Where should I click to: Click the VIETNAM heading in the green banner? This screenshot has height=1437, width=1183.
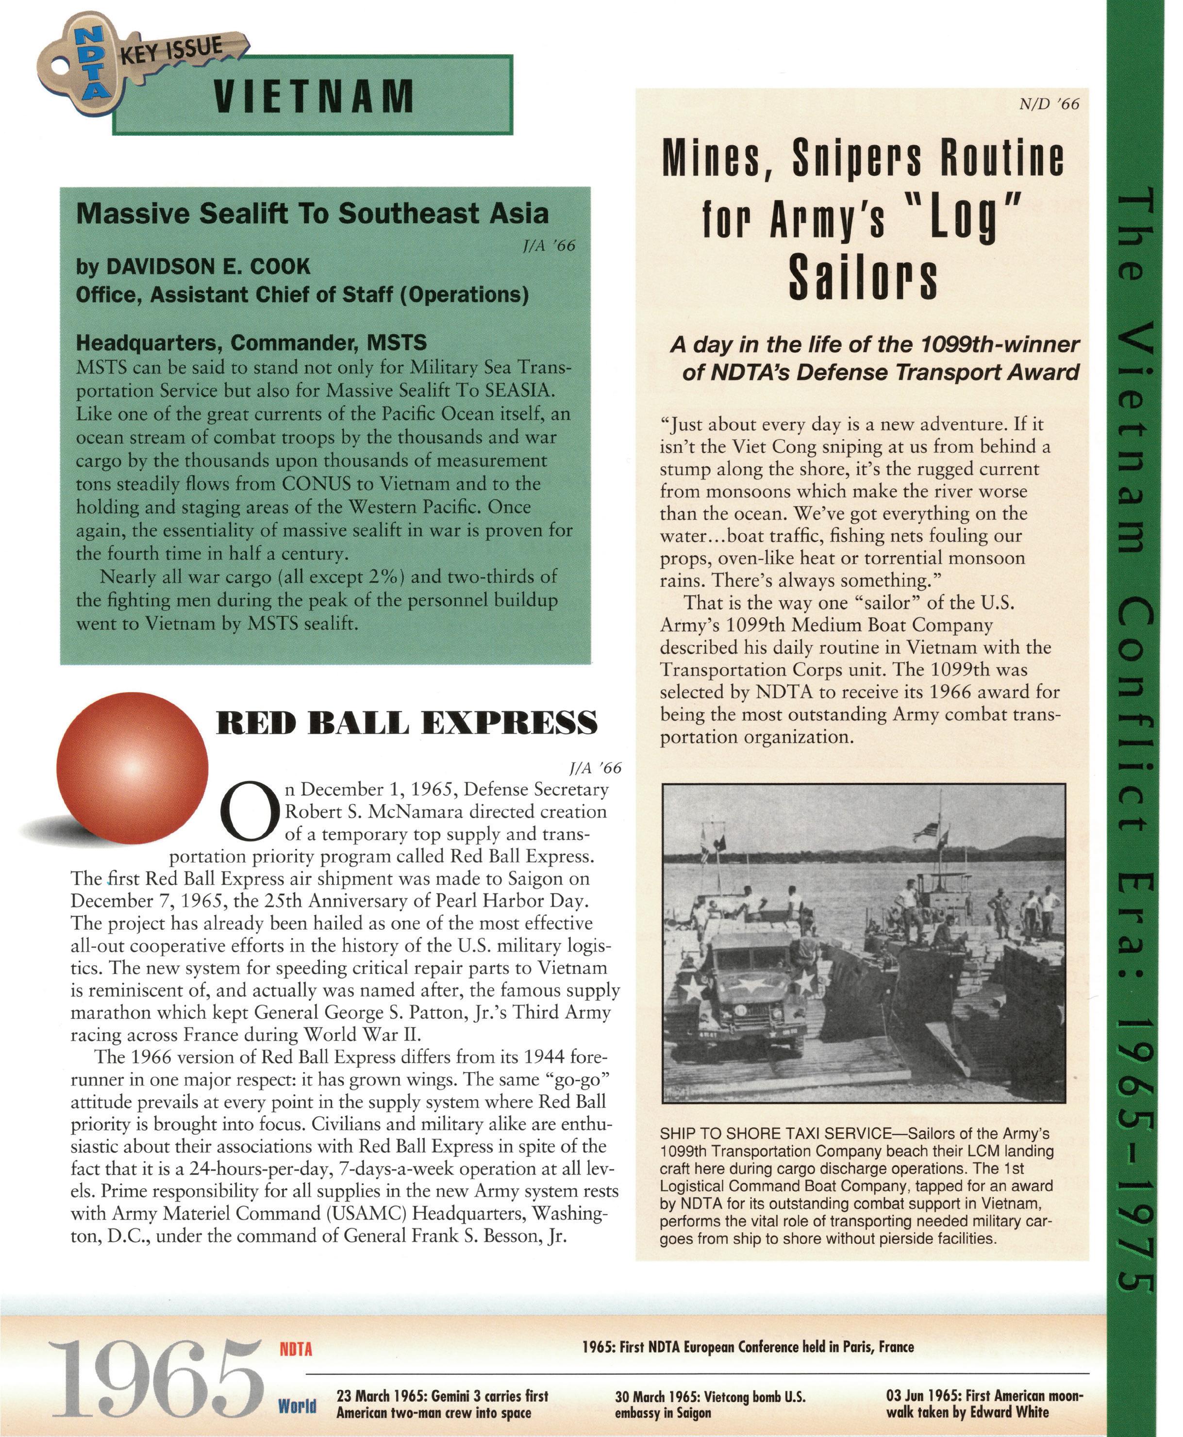(x=314, y=96)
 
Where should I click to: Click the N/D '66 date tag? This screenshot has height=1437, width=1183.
(x=1049, y=104)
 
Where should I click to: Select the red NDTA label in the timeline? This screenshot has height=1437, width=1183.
(x=296, y=1348)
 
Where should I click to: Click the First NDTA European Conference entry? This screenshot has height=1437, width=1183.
(x=748, y=1346)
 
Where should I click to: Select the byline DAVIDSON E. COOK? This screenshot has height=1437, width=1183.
(x=193, y=266)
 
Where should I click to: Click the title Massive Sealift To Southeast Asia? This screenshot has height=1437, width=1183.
(x=312, y=213)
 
